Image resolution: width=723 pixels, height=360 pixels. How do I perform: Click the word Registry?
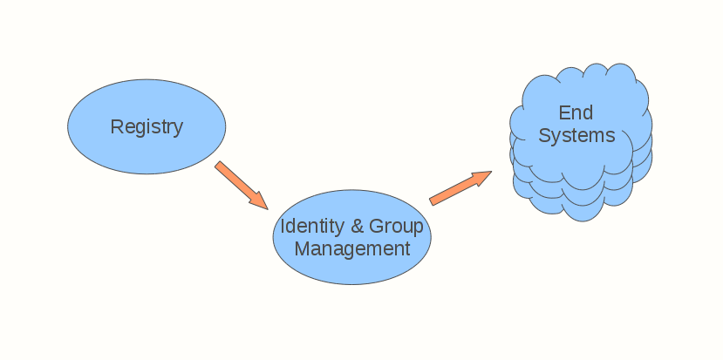point(147,127)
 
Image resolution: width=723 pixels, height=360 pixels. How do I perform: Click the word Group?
point(396,227)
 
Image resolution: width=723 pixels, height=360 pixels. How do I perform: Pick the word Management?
point(351,248)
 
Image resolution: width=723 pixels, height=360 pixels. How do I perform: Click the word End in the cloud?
point(576,113)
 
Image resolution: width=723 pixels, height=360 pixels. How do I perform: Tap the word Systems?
point(576,136)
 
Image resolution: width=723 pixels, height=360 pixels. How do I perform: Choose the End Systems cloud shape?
point(580,187)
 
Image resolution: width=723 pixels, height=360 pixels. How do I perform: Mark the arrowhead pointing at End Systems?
point(482,177)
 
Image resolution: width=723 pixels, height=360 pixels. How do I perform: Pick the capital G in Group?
point(377,227)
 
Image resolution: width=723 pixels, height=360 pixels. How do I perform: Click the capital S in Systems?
point(544,136)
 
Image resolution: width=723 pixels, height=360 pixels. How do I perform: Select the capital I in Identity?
point(282,227)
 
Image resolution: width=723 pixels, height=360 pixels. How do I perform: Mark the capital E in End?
point(563,113)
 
